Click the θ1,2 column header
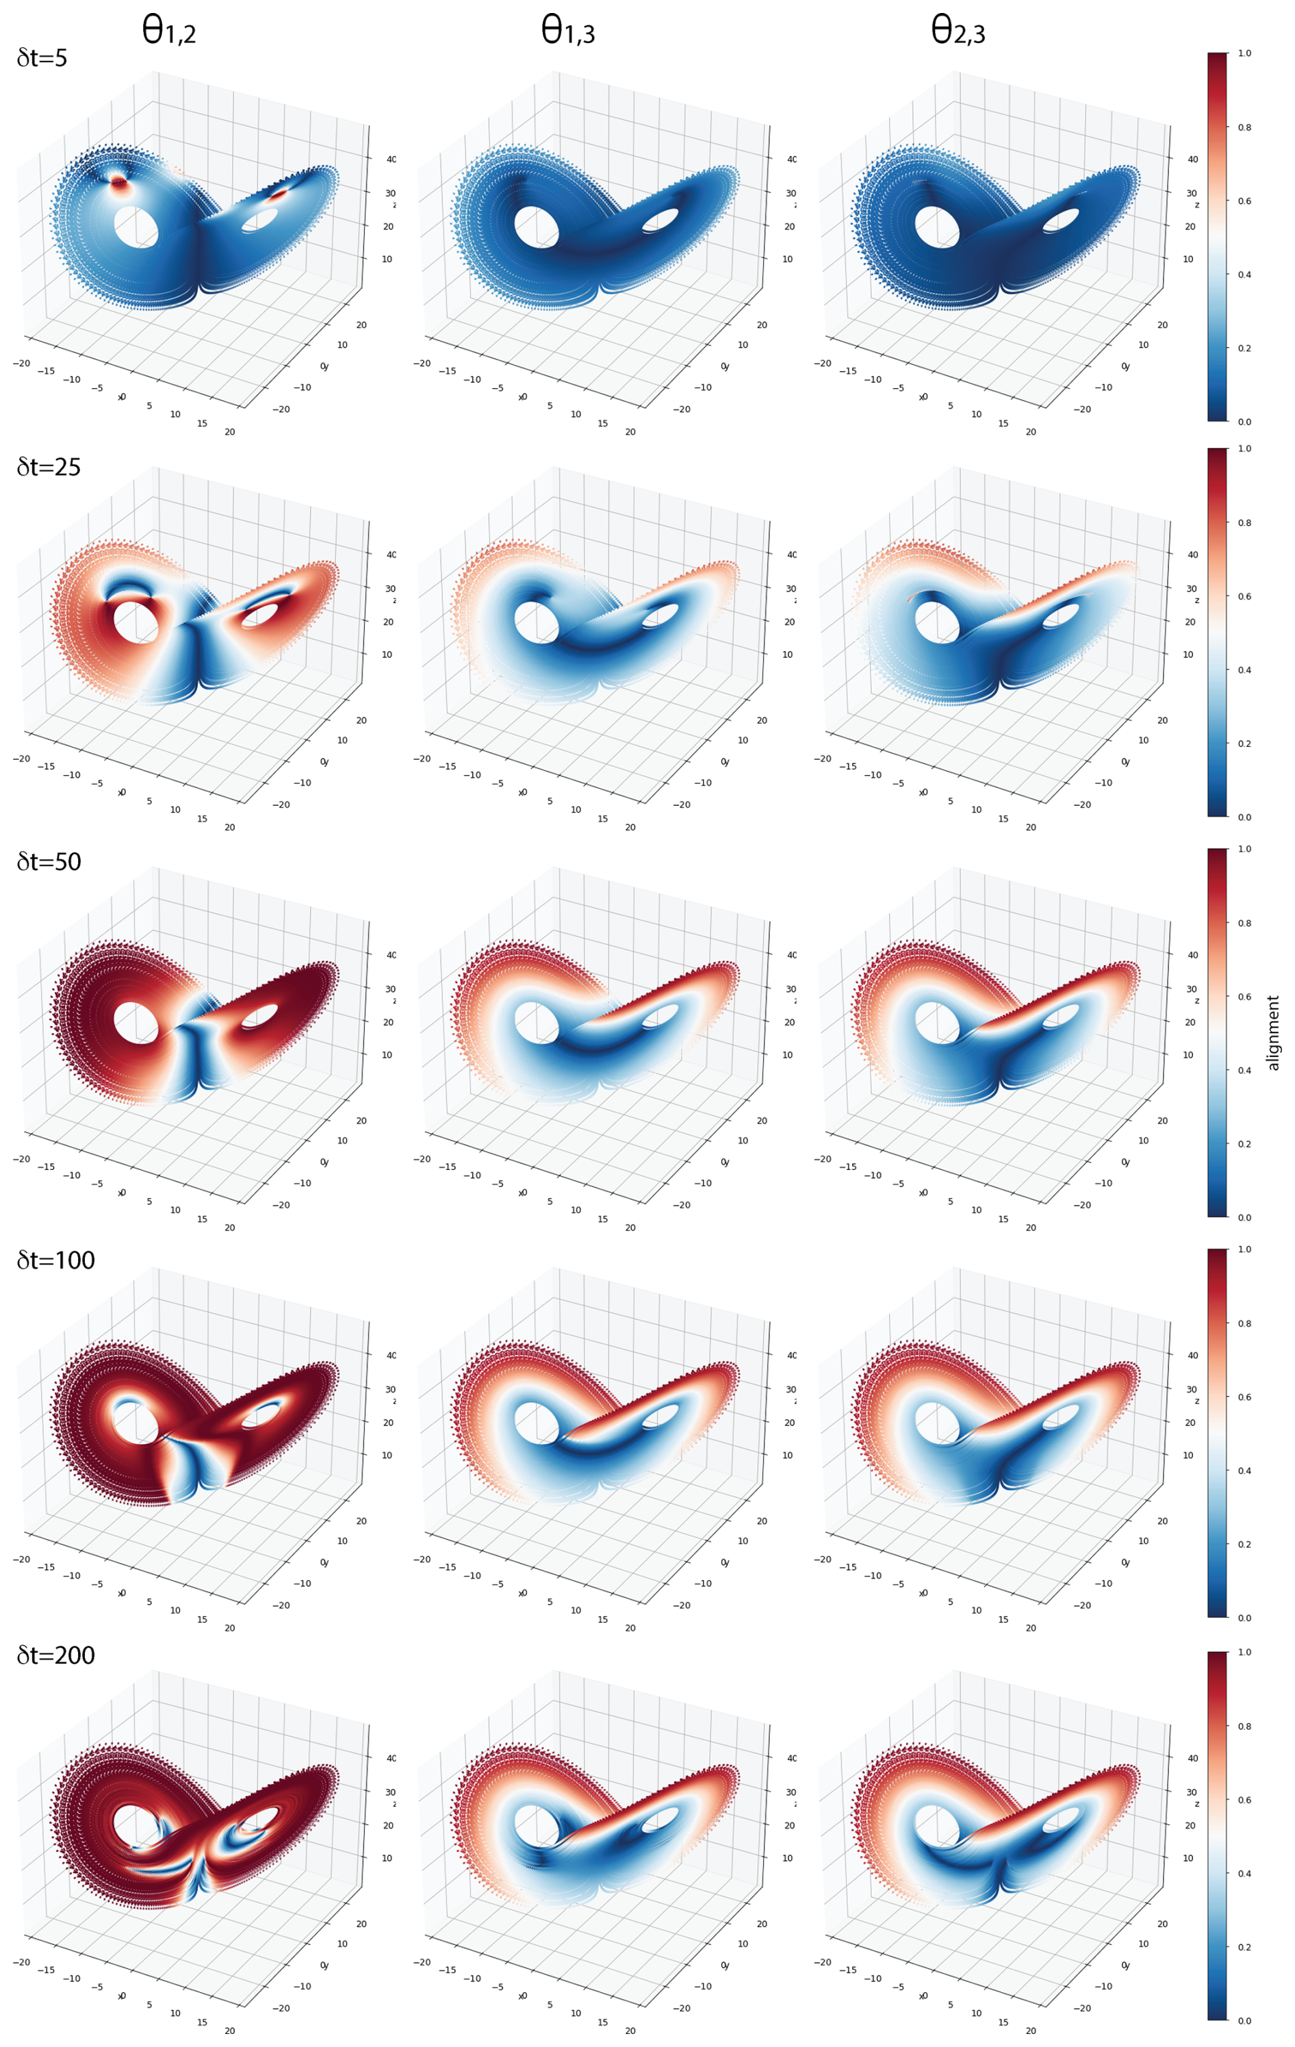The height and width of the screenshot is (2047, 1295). (168, 31)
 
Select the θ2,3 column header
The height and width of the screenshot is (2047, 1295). (958, 31)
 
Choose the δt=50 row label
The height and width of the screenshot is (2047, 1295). (49, 861)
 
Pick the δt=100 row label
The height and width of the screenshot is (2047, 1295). (55, 1260)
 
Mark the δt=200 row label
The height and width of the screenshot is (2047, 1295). (55, 1655)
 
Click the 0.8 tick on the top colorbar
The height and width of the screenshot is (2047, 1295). (1244, 127)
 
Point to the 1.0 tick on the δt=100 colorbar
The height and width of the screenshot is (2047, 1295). (1244, 1249)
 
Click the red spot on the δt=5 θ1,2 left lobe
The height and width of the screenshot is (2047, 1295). (119, 182)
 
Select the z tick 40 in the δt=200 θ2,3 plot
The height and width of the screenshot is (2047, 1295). (1193, 1758)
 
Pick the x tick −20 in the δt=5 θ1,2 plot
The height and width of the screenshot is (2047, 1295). (21, 363)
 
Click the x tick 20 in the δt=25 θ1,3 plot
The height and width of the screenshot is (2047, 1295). (630, 827)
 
